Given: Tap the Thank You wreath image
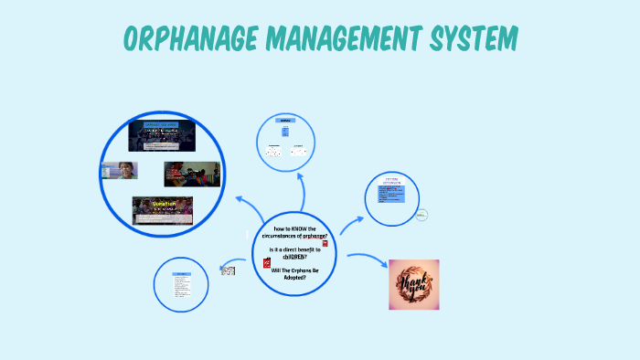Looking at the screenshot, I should (x=413, y=284).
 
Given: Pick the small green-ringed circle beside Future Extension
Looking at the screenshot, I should (x=422, y=215).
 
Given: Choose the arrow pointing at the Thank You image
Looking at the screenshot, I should (x=368, y=261).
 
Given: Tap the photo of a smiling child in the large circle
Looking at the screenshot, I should (x=119, y=171).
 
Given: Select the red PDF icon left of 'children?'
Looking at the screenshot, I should (x=268, y=262).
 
